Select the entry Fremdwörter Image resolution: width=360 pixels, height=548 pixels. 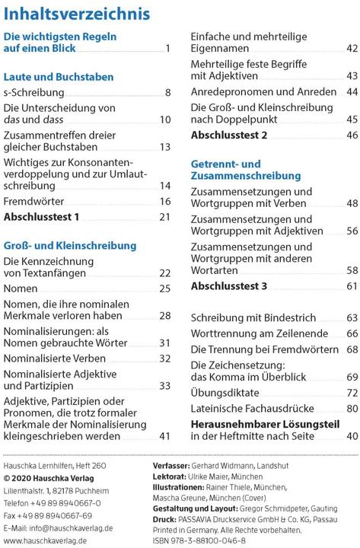(34, 202)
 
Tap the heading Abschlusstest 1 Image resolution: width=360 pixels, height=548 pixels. (41, 218)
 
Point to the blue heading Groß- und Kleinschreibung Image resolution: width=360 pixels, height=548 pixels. (70, 246)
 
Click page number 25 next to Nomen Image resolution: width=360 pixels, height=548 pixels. (165, 289)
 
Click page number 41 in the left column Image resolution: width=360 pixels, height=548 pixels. (165, 436)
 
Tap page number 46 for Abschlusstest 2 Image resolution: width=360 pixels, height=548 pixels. (352, 135)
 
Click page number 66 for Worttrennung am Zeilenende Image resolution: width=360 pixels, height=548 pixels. (352, 333)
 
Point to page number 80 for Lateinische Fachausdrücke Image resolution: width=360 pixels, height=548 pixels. (352, 409)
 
